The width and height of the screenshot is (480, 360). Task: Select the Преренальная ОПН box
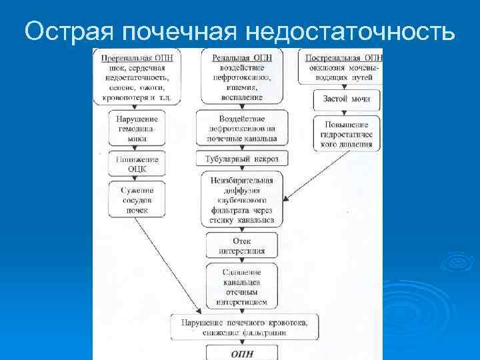click(x=137, y=77)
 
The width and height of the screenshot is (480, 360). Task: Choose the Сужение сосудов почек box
click(x=136, y=200)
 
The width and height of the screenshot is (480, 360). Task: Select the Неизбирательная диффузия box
click(x=241, y=198)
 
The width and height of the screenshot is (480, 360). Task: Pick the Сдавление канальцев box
click(x=241, y=286)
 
